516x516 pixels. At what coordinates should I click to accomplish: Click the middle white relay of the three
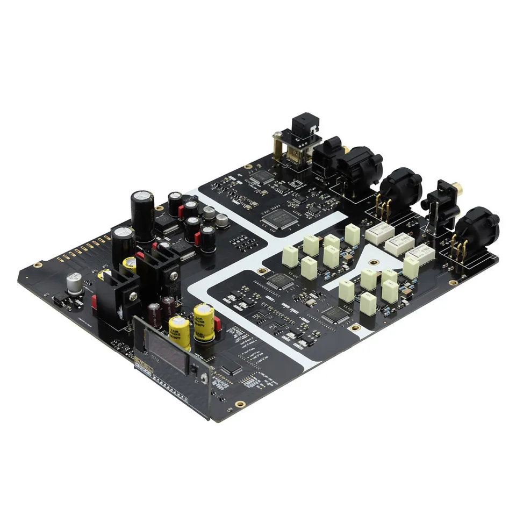tap(398, 245)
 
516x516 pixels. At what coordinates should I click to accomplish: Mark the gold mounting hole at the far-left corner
tap(37, 265)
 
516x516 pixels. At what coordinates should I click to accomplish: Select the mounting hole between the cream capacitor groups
tap(354, 327)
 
